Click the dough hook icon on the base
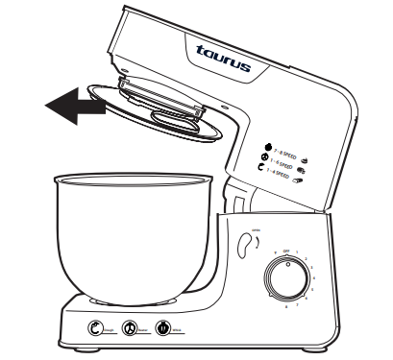95,328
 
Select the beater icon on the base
130,328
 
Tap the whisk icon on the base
164,328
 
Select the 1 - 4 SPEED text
280,176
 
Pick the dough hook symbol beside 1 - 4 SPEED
258,171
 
